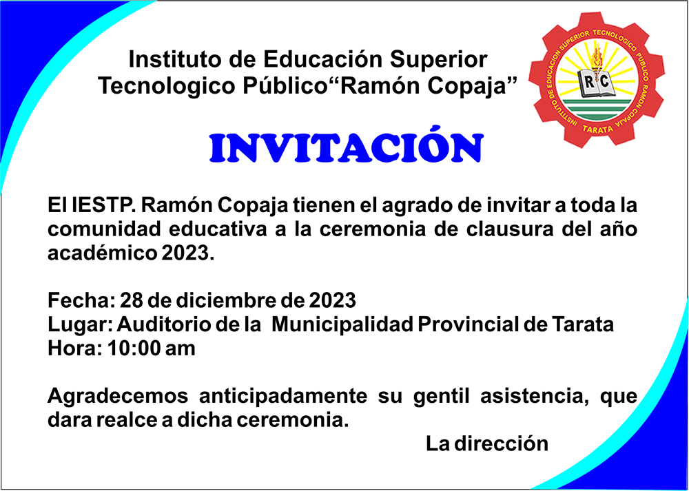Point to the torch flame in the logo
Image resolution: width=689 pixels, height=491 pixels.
tap(596, 56)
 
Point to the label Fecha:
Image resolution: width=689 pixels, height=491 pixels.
tap(81, 300)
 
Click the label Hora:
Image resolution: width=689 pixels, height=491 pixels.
tap(74, 348)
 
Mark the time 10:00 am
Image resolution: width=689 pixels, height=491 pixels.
tap(151, 348)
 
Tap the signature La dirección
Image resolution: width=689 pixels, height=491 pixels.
tap(487, 444)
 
